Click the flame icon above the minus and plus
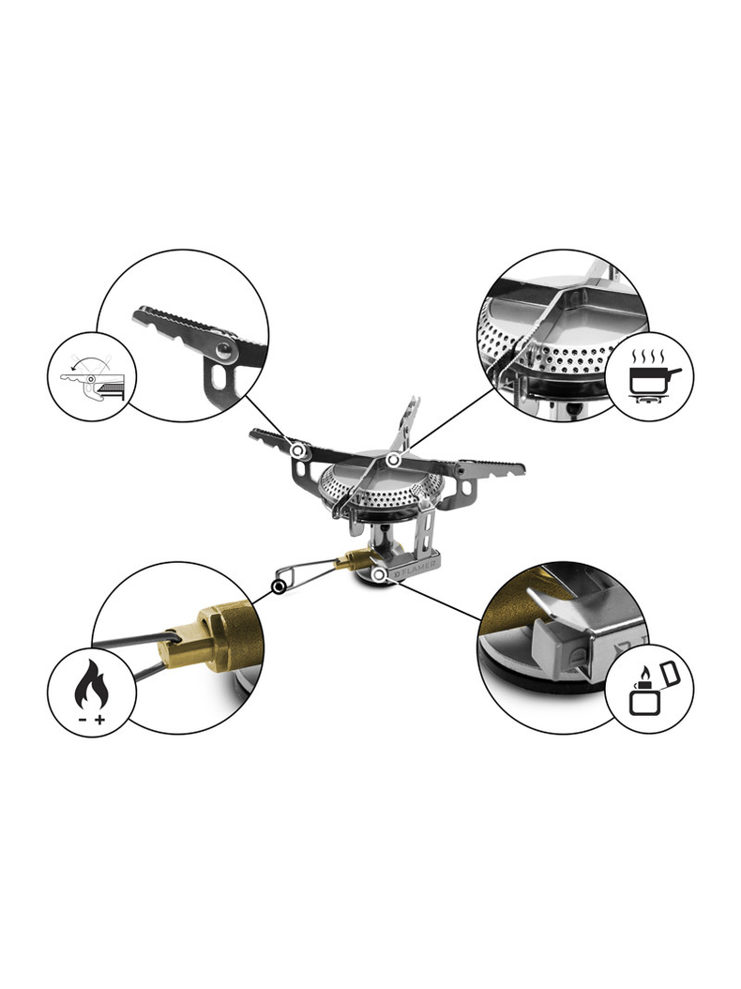click(x=91, y=688)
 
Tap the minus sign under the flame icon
click(x=81, y=719)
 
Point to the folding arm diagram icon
click(x=91, y=379)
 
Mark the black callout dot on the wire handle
click(x=278, y=588)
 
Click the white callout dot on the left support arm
click(x=299, y=451)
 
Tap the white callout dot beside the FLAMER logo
click(x=378, y=572)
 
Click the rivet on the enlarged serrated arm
click(x=222, y=350)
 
